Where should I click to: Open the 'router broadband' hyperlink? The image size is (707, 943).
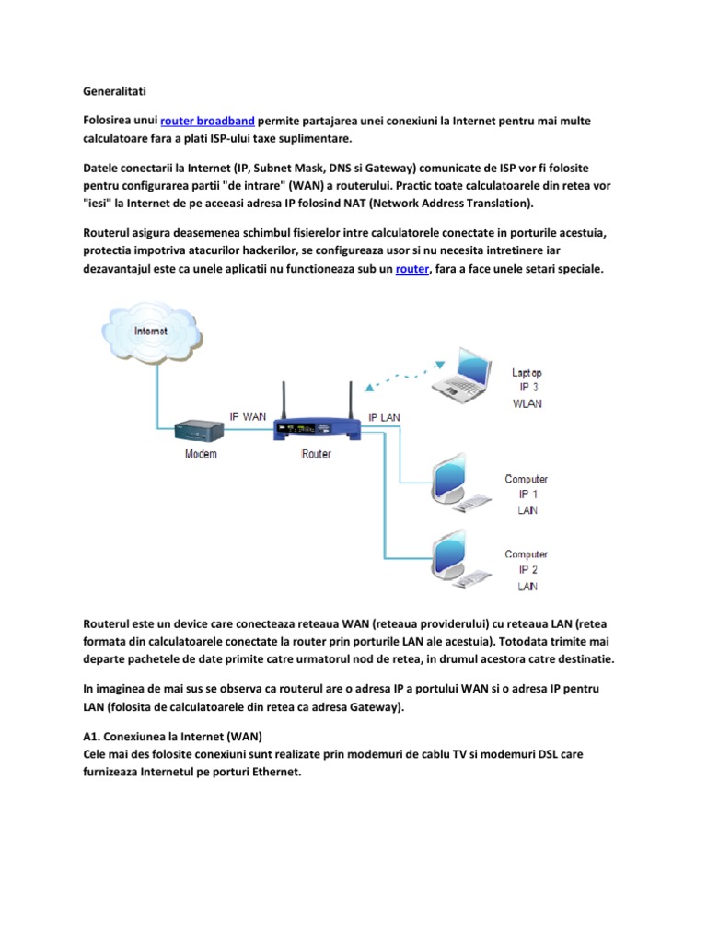click(x=207, y=121)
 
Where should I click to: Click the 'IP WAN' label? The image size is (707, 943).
click(x=248, y=416)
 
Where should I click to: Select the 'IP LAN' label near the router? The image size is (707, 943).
click(x=386, y=417)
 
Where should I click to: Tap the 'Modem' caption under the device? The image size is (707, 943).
click(x=202, y=454)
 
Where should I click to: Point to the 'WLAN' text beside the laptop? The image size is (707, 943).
click(x=527, y=402)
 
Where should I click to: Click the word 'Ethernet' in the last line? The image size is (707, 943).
click(x=274, y=773)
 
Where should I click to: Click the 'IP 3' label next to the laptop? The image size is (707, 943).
click(x=527, y=388)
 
